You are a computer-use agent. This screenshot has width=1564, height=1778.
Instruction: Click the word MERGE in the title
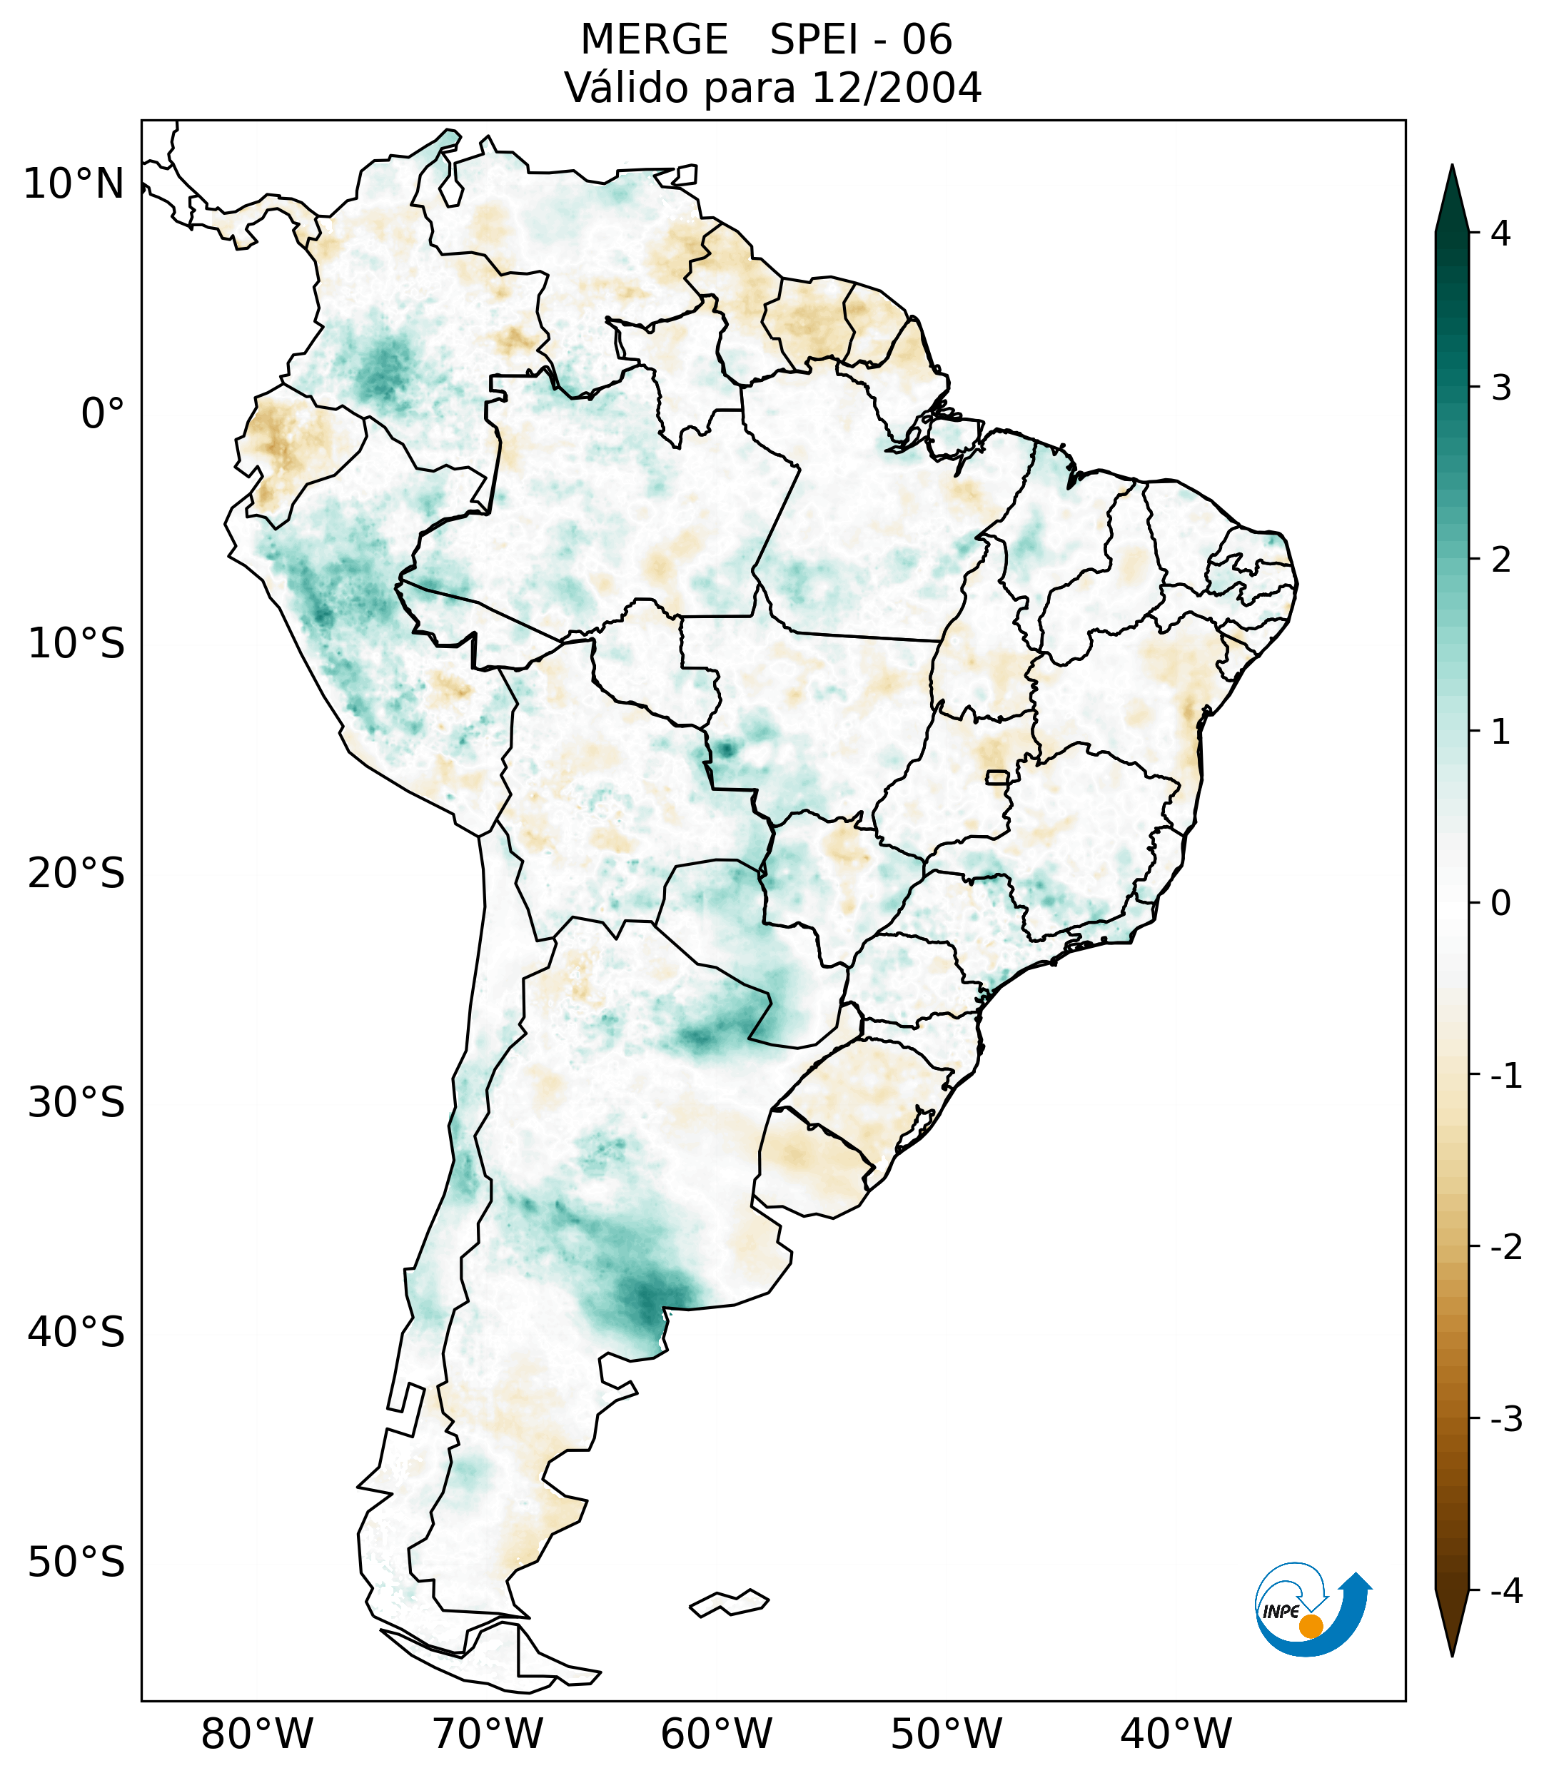[654, 40]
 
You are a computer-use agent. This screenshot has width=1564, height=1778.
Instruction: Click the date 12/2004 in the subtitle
[896, 88]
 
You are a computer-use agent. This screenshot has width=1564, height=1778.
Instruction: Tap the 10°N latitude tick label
[74, 184]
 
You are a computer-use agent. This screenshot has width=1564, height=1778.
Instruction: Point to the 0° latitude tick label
[103, 414]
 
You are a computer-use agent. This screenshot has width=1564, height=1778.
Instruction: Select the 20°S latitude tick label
[76, 874]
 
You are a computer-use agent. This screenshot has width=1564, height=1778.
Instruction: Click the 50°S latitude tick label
[76, 1563]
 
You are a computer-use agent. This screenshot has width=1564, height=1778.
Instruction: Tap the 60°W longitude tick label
[716, 1734]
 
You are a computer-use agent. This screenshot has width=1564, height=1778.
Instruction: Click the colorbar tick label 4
[1500, 233]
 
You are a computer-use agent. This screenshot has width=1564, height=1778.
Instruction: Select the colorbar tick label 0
[1500, 904]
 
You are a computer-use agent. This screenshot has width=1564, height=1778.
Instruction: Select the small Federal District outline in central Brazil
[997, 777]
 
